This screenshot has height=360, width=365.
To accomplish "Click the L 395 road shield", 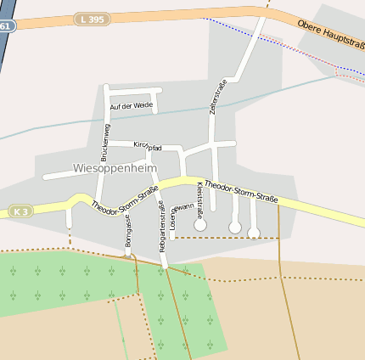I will (92, 19).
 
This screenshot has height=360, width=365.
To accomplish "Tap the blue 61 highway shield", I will (6, 26).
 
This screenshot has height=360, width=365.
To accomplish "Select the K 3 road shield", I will (20, 210).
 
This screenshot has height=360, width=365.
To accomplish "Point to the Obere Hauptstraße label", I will (331, 37).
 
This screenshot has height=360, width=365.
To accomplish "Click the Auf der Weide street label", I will (131, 105).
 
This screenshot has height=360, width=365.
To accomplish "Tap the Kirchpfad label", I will (148, 146).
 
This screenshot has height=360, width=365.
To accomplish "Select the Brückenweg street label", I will (105, 142).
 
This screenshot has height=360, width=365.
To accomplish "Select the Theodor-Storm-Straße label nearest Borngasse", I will (124, 200).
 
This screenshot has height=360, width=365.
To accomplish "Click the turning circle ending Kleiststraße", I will (200, 225).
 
